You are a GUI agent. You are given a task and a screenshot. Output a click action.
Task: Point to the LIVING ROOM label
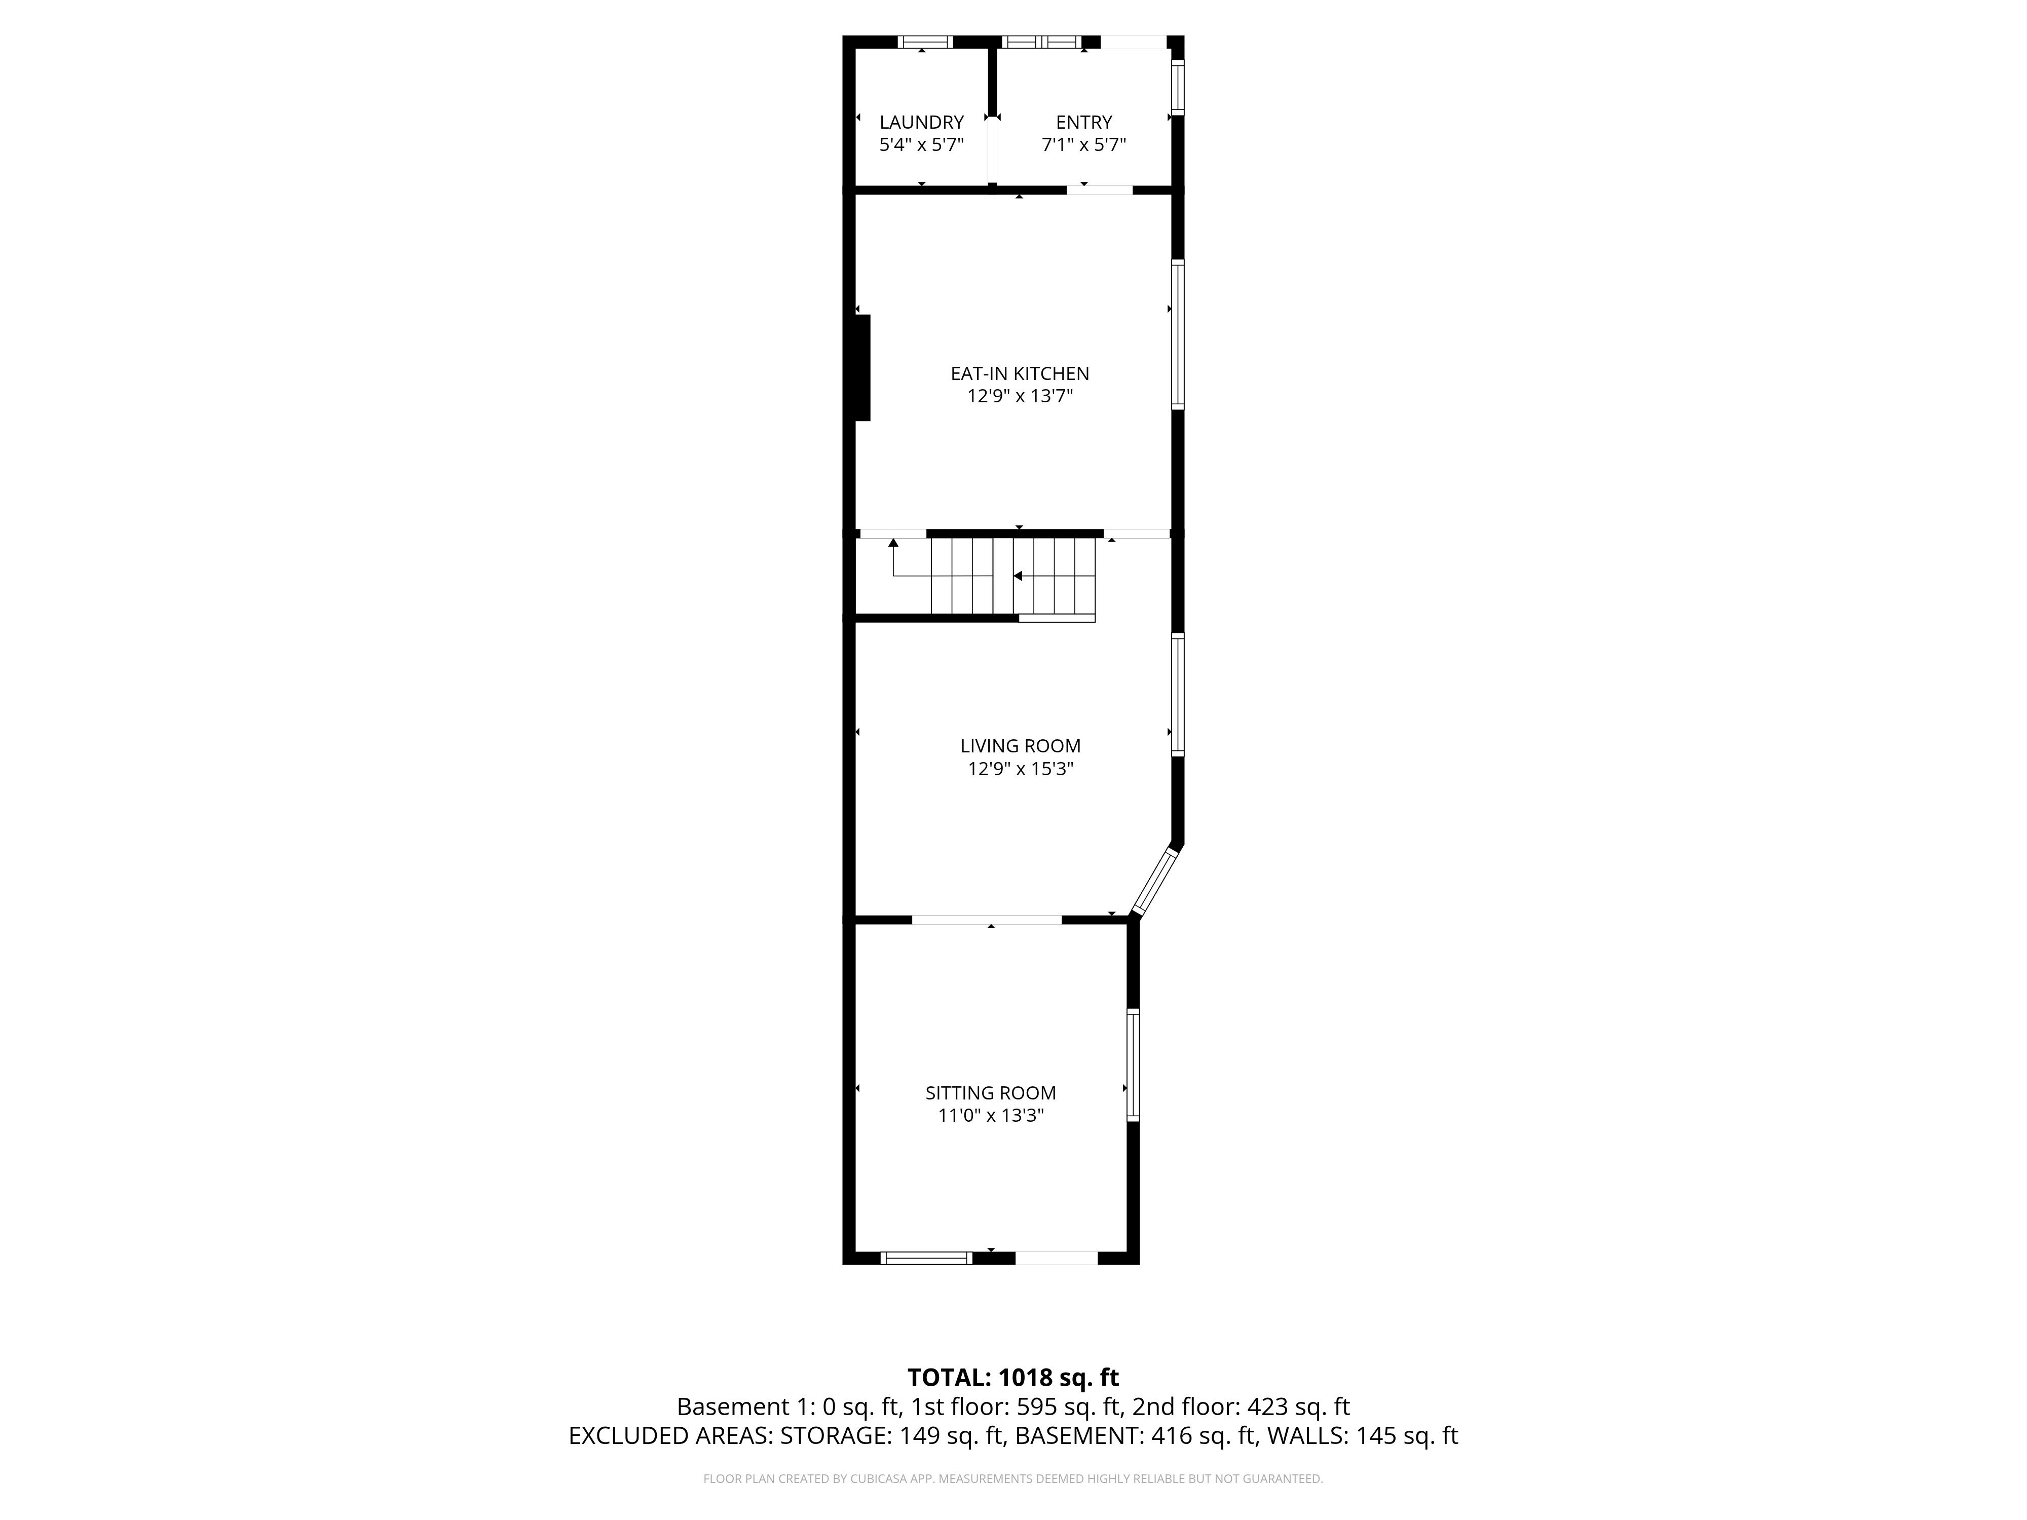click(x=1020, y=746)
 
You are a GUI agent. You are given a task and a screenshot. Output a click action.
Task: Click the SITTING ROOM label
click(x=991, y=1092)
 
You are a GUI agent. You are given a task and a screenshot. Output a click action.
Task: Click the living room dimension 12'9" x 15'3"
click(x=1020, y=769)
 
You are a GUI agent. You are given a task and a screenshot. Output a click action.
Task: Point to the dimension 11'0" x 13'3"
click(x=991, y=1115)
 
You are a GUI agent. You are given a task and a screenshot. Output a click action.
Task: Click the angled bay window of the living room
click(x=1154, y=882)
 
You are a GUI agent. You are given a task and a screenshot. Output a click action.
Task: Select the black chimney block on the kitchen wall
click(x=862, y=367)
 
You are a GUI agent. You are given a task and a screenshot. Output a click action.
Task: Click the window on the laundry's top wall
click(x=925, y=41)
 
